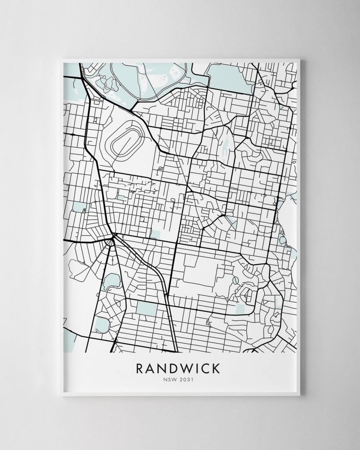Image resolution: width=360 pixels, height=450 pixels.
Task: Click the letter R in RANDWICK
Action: pyautogui.click(x=140, y=368)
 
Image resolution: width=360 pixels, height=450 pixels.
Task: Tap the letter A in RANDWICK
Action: pyautogui.click(x=151, y=368)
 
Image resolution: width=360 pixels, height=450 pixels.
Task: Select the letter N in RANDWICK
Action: pyautogui.click(x=163, y=368)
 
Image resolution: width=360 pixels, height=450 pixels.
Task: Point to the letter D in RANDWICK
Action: pyautogui.click(x=175, y=368)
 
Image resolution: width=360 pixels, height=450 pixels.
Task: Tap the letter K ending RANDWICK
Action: pyautogui.click(x=217, y=368)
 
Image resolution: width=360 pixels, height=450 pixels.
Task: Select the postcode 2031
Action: pyautogui.click(x=186, y=380)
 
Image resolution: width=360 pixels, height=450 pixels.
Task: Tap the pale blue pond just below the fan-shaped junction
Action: pyautogui.click(x=111, y=281)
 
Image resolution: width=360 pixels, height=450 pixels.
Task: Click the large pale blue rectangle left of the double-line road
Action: pyautogui.click(x=146, y=308)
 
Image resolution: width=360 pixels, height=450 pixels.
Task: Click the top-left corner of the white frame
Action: pyautogui.click(x=61, y=61)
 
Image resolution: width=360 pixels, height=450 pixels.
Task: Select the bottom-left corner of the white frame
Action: pyautogui.click(x=61, y=395)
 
